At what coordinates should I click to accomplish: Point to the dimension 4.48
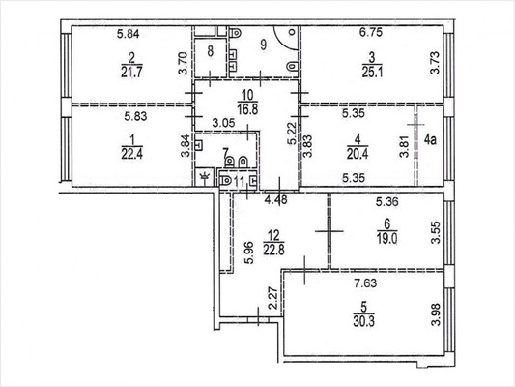[x=277, y=201]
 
